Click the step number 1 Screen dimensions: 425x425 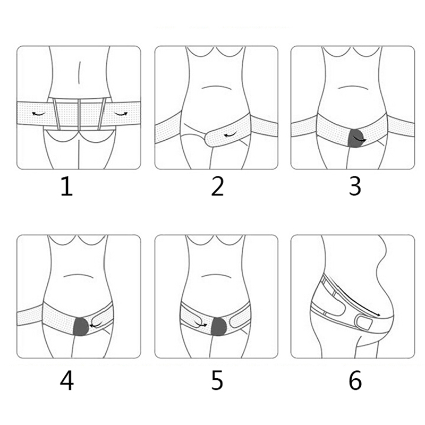[67, 186]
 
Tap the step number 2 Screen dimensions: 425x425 [217, 186]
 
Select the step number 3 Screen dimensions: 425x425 [355, 186]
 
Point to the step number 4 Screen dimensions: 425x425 [67, 381]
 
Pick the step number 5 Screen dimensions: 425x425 [217, 381]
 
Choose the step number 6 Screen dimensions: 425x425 [355, 381]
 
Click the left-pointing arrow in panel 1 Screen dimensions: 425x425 [38, 114]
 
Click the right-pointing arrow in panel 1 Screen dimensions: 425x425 [121, 114]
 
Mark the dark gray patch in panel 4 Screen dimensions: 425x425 [81, 327]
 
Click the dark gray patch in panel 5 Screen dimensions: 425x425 [219, 326]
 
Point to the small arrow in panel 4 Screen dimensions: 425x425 [96, 324]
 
